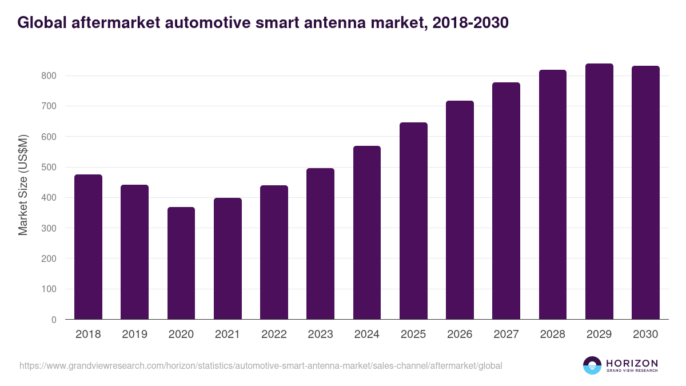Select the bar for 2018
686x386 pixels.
88,247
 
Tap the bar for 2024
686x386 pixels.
367,233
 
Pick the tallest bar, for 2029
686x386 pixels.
599,192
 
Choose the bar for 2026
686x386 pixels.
460,210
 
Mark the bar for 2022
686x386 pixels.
274,252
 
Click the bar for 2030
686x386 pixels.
645,193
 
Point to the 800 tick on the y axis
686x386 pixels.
50,75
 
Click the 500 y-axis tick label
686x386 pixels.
50,167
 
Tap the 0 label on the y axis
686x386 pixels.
54,320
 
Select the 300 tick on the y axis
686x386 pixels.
50,228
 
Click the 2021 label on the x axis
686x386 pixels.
228,335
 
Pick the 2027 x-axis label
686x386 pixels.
506,335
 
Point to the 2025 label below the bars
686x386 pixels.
413,335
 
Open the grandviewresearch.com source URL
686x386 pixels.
261,365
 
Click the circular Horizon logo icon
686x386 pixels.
592,365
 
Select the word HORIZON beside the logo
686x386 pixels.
632,363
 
